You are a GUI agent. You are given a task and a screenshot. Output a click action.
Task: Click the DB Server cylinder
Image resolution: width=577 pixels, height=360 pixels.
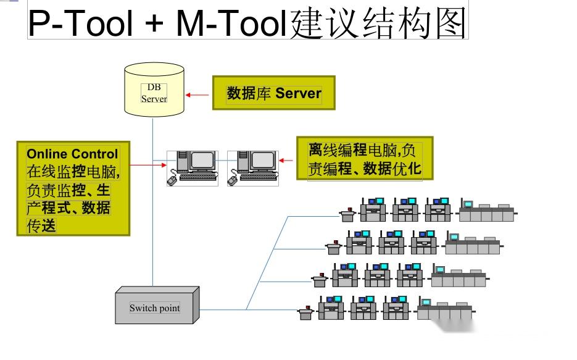[x=154, y=90]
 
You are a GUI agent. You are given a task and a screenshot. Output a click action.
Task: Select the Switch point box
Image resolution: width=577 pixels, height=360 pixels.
[x=156, y=306]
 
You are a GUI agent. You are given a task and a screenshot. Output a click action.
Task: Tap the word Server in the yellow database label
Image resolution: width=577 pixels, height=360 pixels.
[x=298, y=93]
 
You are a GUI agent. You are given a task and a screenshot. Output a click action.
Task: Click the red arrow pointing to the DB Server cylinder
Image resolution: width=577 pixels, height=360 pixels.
[x=197, y=94]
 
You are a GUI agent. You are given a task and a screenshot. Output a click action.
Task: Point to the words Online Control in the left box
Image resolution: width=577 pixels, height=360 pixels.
[x=72, y=154]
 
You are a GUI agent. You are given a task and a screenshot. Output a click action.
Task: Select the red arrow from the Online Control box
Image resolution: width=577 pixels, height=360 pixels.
[x=148, y=165]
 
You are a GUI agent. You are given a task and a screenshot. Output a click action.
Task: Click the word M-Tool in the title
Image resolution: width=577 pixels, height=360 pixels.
[x=232, y=23]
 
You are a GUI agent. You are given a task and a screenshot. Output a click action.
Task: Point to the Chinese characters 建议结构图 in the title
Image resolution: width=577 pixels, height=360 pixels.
[x=378, y=23]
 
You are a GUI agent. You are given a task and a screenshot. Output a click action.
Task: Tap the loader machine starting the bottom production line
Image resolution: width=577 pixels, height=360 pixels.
[x=305, y=312]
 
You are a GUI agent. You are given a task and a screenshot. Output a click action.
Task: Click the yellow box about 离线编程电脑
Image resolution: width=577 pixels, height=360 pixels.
[x=364, y=159]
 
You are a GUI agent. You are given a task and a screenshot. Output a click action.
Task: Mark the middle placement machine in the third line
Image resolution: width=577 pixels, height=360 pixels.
[x=376, y=275]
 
